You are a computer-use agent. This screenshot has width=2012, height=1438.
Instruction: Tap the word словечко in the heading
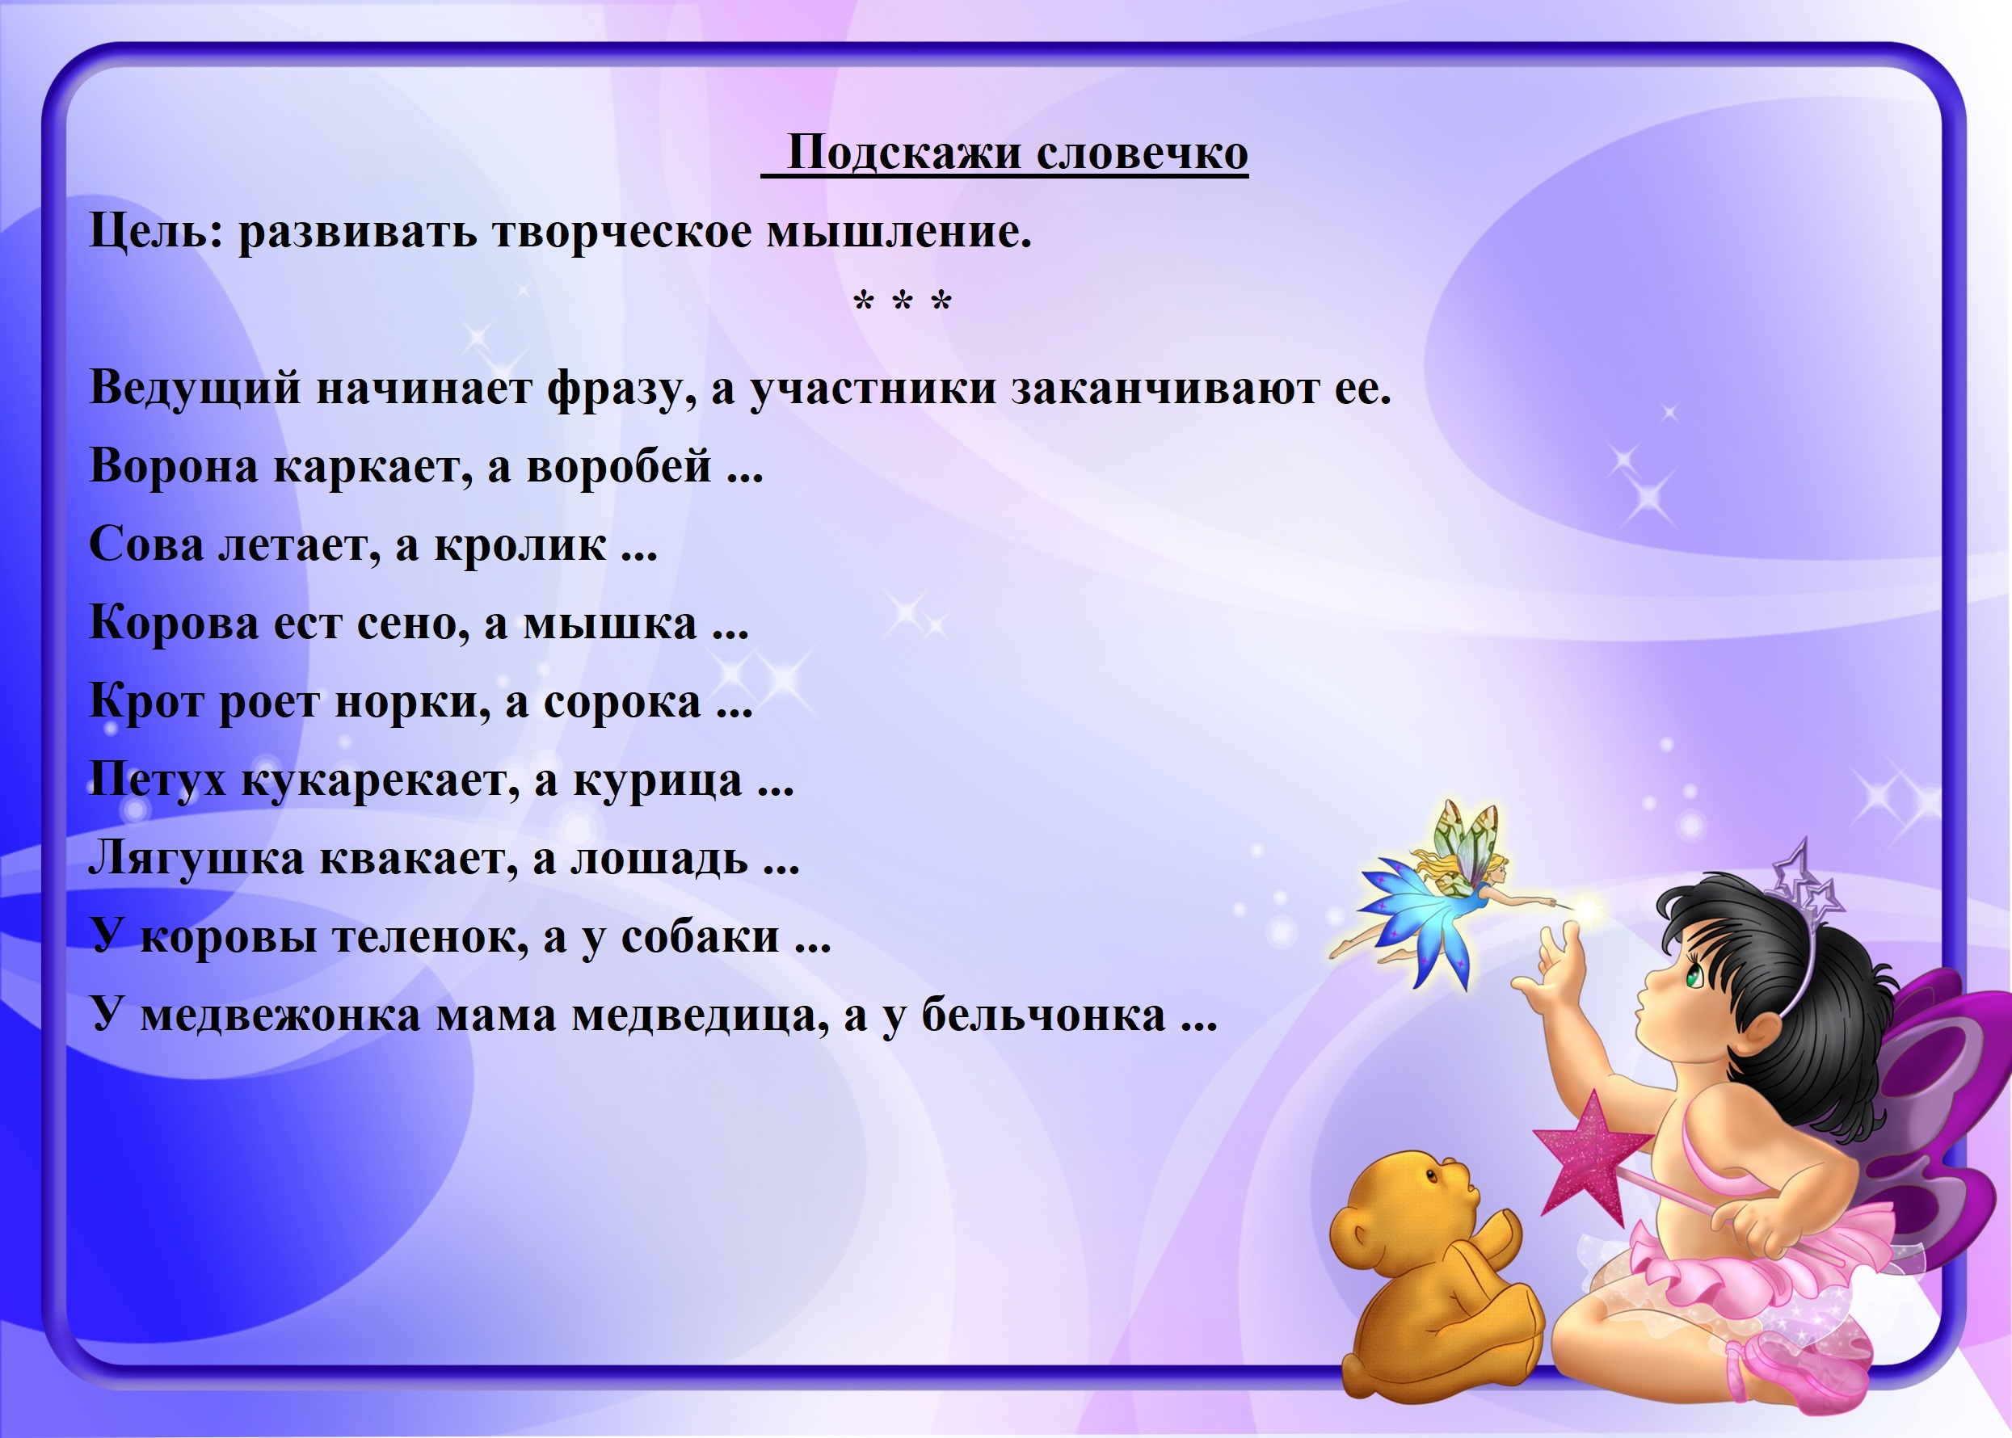[1143, 153]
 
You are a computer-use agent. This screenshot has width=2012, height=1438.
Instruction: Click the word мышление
[899, 232]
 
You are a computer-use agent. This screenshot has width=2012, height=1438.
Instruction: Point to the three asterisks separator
[903, 303]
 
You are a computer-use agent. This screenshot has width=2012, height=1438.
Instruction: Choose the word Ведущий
[196, 388]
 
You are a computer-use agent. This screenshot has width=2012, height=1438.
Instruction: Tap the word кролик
[520, 544]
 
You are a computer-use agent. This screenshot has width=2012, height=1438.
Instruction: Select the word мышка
[610, 624]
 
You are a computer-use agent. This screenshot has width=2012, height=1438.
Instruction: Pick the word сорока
[622, 702]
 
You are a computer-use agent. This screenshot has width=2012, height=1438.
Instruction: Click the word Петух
[158, 780]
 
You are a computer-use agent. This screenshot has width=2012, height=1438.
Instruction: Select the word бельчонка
[1044, 1014]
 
